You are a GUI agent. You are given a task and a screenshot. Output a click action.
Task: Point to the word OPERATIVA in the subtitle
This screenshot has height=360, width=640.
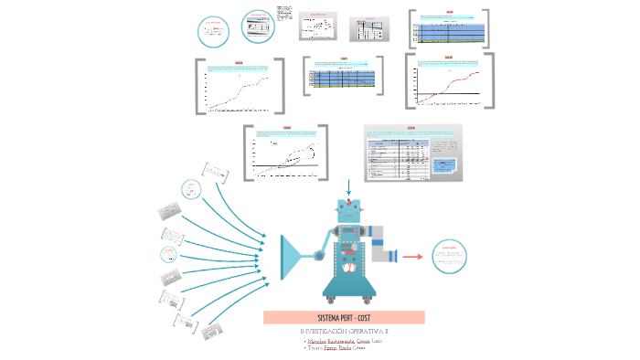pyautogui.click(x=367, y=331)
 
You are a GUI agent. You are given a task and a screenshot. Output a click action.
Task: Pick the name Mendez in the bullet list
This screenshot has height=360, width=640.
pyautogui.click(x=317, y=340)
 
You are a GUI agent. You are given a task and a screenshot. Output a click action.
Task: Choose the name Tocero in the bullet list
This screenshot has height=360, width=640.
pyautogui.click(x=315, y=348)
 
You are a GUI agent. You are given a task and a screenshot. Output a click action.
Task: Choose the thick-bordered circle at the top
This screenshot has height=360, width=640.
pyautogui.click(x=260, y=26)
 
